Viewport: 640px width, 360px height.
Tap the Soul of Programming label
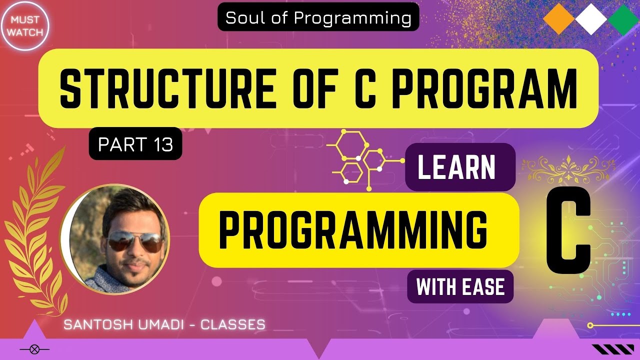coord(318,18)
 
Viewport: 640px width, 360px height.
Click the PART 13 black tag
coord(135,144)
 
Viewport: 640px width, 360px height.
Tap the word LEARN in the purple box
coord(456,167)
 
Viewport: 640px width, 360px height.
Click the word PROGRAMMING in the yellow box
coord(353,230)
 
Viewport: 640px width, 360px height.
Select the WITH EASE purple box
coord(460,287)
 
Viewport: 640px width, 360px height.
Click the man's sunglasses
coord(134,242)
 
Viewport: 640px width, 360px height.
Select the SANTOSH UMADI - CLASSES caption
coord(164,324)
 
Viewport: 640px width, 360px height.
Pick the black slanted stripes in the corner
coord(605,349)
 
